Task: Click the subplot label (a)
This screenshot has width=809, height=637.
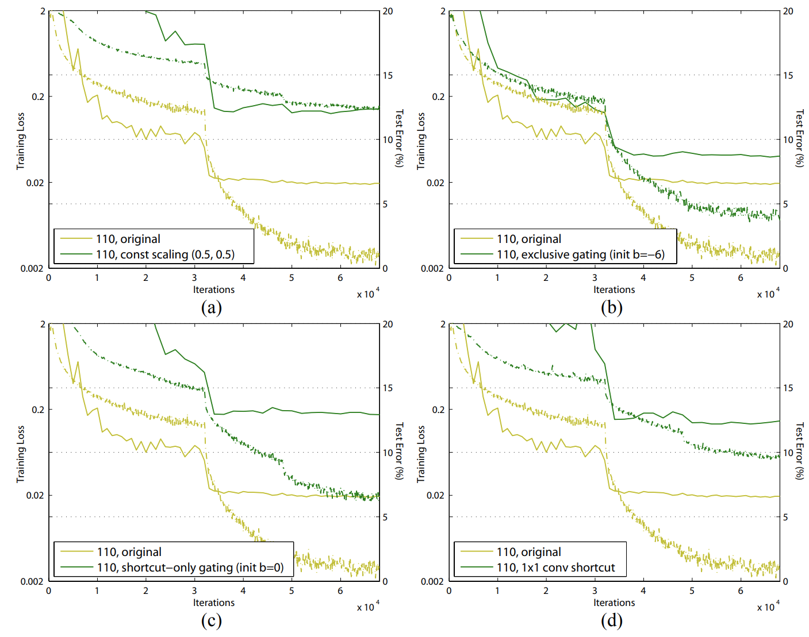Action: coord(211,308)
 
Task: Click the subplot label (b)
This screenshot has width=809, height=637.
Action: coord(611,308)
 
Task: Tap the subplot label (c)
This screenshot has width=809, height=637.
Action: coord(211,621)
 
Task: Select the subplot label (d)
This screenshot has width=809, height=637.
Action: coord(611,621)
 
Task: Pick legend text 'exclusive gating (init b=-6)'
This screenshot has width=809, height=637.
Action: coord(581,254)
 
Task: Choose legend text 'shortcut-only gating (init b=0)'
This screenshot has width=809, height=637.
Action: coord(190,567)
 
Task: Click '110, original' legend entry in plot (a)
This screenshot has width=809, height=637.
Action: coord(128,239)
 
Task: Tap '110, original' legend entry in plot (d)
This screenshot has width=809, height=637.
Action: coord(528,552)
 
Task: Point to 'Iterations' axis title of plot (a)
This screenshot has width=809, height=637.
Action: coord(214,289)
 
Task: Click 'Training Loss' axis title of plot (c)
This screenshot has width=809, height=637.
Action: coord(21,454)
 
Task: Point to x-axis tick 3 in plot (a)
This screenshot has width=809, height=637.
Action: coord(194,278)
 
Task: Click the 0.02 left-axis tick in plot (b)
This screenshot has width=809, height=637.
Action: coord(435,183)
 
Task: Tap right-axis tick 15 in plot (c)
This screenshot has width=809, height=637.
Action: coord(388,388)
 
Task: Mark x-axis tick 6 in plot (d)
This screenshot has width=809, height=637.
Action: coord(741,591)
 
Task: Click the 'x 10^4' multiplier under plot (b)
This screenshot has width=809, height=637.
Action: coord(768,294)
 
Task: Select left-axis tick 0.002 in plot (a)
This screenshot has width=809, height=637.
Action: coord(32,268)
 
